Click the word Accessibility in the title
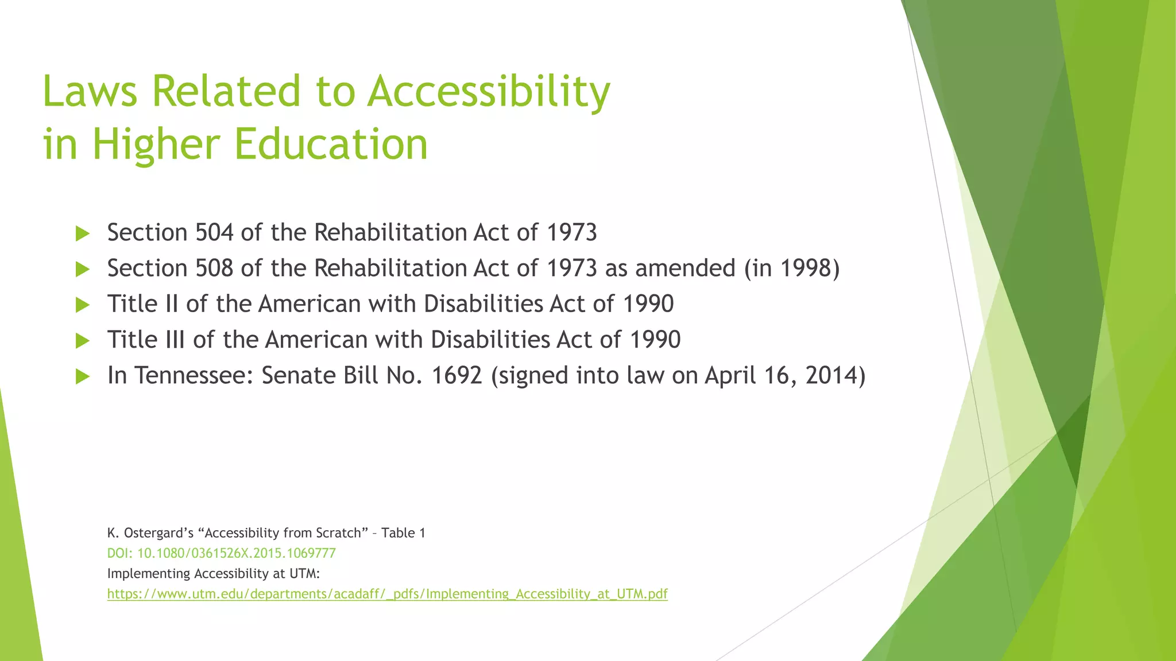point(489,92)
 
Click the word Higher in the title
point(156,144)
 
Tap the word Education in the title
point(331,144)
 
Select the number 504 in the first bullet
point(214,233)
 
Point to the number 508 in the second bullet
point(214,269)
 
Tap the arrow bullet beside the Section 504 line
point(83,234)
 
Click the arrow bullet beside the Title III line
point(83,341)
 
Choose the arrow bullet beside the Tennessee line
point(83,376)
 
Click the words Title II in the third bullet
point(143,304)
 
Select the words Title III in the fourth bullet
point(146,340)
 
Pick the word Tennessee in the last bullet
point(194,376)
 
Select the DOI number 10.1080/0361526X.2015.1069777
point(237,554)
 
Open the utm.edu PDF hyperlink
point(387,594)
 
